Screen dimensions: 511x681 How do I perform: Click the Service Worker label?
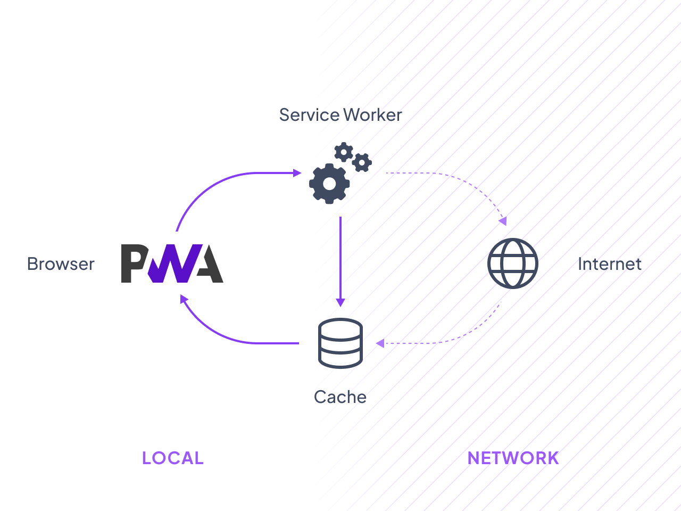click(x=340, y=115)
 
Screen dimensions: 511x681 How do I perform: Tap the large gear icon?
click(x=329, y=184)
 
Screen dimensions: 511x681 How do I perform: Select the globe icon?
click(x=513, y=263)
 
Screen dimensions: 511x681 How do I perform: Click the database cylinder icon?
click(x=340, y=343)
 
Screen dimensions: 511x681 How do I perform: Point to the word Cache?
click(x=340, y=397)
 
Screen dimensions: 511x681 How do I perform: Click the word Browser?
click(x=61, y=264)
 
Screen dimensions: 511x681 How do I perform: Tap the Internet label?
click(x=610, y=264)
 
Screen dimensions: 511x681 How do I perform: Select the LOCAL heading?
click(x=172, y=458)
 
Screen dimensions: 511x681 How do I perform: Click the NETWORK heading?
click(x=513, y=458)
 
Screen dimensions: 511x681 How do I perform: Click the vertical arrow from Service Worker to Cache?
click(x=340, y=256)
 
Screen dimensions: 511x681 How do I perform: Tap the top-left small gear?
click(x=344, y=152)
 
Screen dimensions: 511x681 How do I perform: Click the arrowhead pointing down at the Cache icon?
click(x=340, y=302)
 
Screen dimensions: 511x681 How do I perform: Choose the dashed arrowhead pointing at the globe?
click(x=503, y=220)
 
